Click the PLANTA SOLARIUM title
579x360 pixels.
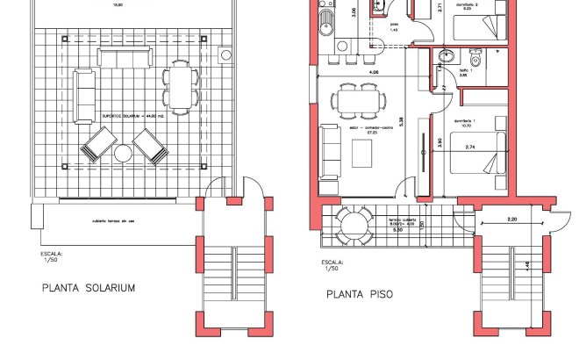[89, 287]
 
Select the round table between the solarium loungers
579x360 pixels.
[123, 154]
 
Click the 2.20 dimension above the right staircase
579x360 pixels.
[511, 218]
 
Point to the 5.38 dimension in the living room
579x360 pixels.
[402, 120]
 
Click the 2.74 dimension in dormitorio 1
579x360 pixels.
[470, 147]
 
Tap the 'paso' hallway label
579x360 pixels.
[394, 24]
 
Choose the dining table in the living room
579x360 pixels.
[359, 100]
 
